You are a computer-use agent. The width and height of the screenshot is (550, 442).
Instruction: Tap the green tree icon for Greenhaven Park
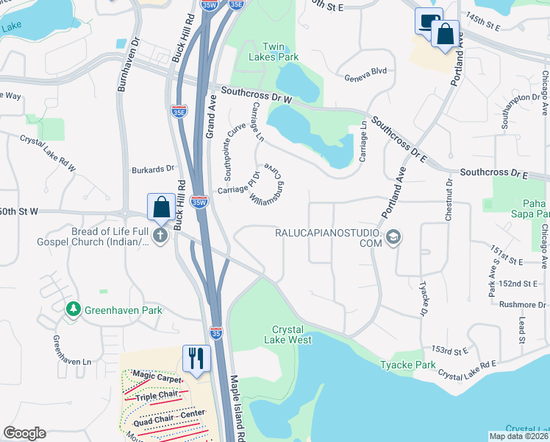pyautogui.click(x=73, y=310)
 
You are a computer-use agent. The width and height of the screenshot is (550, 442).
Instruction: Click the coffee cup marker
pyautogui.click(x=428, y=21)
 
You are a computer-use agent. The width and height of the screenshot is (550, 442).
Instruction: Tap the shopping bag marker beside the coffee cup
pyautogui.click(x=445, y=34)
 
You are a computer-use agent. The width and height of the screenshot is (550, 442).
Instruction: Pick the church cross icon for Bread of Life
pyautogui.click(x=161, y=236)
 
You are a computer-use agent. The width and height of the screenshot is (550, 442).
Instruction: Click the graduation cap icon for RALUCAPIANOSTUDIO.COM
pyautogui.click(x=393, y=236)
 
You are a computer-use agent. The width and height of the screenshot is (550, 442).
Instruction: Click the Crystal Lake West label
pyautogui.click(x=292, y=334)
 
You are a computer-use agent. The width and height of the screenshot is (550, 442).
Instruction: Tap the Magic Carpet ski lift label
pyautogui.click(x=157, y=377)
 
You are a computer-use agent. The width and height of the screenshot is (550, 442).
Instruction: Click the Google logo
pyautogui.click(x=24, y=433)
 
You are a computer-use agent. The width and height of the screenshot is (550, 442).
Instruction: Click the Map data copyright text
pyautogui.click(x=518, y=435)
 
